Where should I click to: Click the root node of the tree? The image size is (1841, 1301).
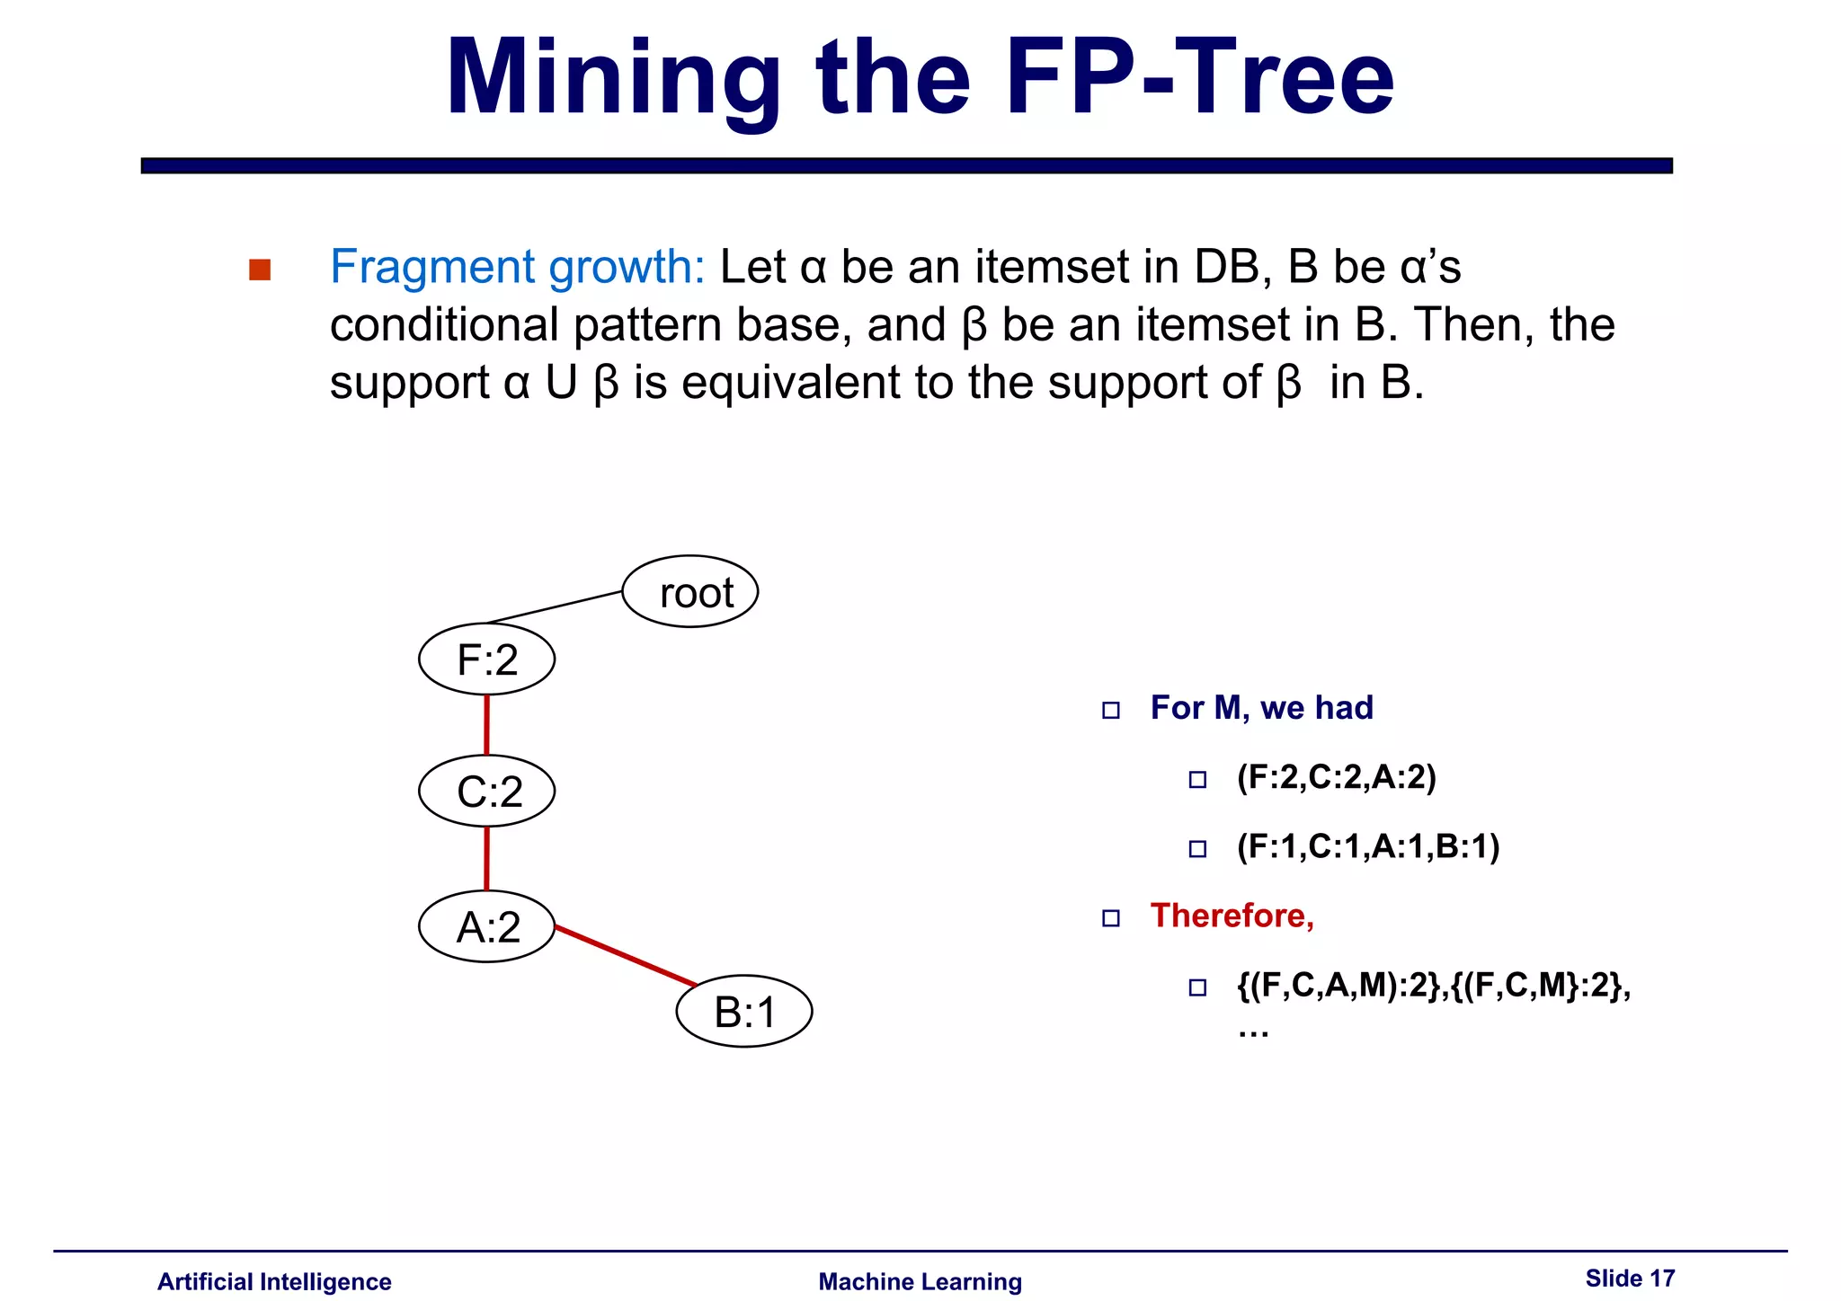(x=690, y=592)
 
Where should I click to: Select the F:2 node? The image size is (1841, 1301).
(x=487, y=660)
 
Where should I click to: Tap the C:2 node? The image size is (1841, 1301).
(x=487, y=792)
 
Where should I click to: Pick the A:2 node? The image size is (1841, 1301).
(x=487, y=927)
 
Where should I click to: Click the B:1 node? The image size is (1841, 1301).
(x=744, y=1012)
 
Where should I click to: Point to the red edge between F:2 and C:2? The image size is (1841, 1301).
(x=487, y=725)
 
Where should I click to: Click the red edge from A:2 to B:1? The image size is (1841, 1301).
(x=626, y=957)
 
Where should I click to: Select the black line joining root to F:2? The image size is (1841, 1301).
(x=555, y=607)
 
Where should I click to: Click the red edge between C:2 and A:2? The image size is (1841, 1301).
(x=487, y=859)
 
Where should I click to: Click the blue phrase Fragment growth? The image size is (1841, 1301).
(x=518, y=267)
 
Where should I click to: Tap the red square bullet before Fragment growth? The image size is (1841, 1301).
(x=260, y=270)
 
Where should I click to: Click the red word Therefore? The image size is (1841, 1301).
(x=1232, y=916)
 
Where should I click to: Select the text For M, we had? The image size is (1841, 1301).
(x=1261, y=708)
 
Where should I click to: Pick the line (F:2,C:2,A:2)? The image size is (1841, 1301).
(x=1336, y=777)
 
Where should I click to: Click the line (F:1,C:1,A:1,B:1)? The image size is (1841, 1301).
(x=1367, y=846)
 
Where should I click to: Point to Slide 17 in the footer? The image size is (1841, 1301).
(x=1629, y=1279)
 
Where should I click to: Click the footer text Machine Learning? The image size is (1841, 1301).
(x=920, y=1282)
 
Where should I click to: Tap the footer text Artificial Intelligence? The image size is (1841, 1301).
(x=274, y=1282)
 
